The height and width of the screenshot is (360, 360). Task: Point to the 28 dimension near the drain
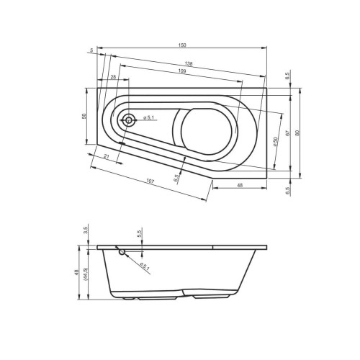[114, 77]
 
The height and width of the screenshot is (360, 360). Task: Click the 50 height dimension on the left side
[84, 116]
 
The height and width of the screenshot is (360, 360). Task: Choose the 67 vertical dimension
[287, 133]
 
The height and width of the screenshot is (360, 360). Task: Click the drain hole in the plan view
[128, 121]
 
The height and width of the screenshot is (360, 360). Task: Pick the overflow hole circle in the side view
[122, 252]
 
